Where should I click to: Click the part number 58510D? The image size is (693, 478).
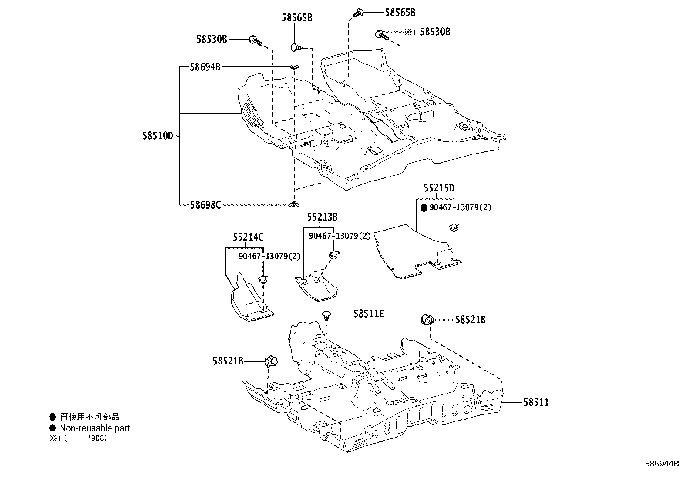click(158, 136)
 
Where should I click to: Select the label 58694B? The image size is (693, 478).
click(205, 67)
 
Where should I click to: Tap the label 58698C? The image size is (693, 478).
click(205, 204)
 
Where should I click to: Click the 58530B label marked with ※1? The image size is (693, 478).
click(434, 32)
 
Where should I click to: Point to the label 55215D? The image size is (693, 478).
click(439, 188)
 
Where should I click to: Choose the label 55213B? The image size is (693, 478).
click(322, 217)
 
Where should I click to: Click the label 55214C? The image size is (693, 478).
click(248, 237)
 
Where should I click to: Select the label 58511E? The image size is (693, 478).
click(368, 314)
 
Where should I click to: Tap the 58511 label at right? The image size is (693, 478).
click(536, 403)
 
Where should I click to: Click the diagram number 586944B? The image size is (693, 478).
click(662, 464)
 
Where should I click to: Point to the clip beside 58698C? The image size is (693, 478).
click(295, 204)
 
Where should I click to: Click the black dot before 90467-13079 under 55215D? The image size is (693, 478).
click(424, 208)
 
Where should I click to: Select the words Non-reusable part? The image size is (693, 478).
click(94, 428)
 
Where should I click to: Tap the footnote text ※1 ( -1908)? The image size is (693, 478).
click(78, 438)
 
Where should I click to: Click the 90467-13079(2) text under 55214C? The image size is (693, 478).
click(269, 257)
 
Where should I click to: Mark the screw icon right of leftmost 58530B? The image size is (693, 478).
click(256, 41)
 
